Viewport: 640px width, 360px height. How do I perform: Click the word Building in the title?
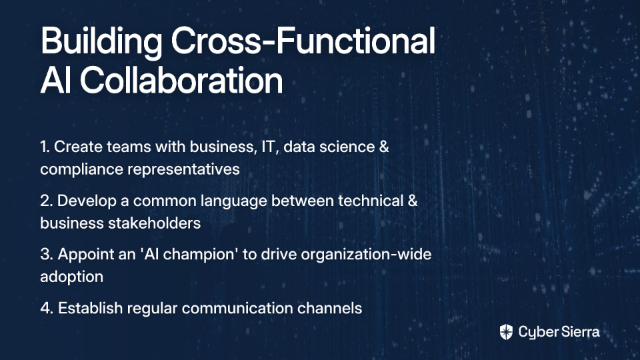pyautogui.click(x=101, y=42)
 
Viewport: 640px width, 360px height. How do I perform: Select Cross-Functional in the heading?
pyautogui.click(x=303, y=40)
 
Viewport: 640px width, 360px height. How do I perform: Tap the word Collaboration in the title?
pyautogui.click(x=181, y=80)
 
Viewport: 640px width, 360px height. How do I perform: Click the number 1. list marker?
pyautogui.click(x=45, y=147)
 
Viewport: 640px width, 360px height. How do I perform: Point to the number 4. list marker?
pyautogui.click(x=47, y=308)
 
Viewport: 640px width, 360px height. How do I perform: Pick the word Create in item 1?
pyautogui.click(x=78, y=147)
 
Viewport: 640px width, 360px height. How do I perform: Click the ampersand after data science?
pyautogui.click(x=384, y=147)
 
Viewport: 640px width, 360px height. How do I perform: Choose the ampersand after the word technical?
pyautogui.click(x=412, y=201)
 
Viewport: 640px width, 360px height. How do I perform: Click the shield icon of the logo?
pyautogui.click(x=506, y=332)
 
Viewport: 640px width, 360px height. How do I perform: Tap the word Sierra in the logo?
pyautogui.click(x=579, y=332)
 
